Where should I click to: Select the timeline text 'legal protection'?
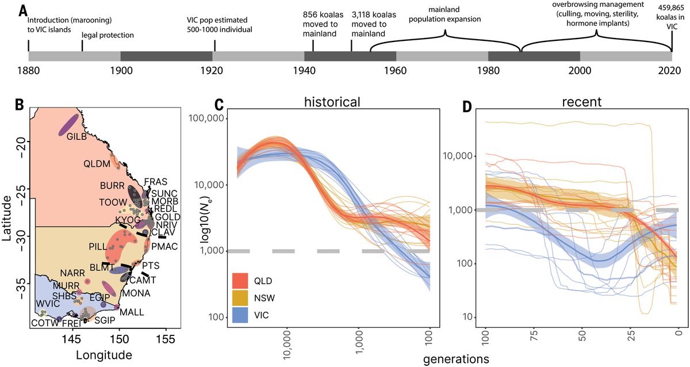pos(108,36)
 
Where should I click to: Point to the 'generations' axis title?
pos(456,358)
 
